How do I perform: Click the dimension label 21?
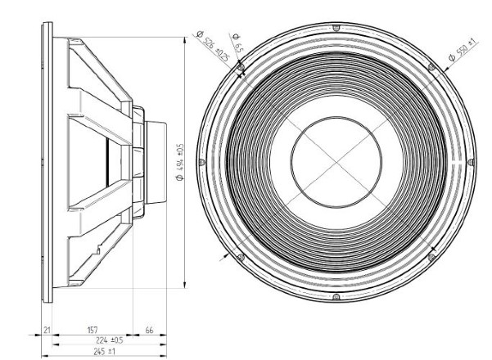(47, 330)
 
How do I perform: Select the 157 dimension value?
(93, 330)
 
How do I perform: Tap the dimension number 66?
(149, 330)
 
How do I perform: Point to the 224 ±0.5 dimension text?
(110, 340)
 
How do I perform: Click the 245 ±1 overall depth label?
(105, 352)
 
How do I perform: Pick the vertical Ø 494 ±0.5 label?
(180, 162)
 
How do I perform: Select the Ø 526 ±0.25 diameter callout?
(213, 46)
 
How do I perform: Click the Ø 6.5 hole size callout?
(237, 43)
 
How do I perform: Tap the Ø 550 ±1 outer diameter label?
(463, 49)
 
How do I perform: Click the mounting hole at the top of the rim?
(336, 28)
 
